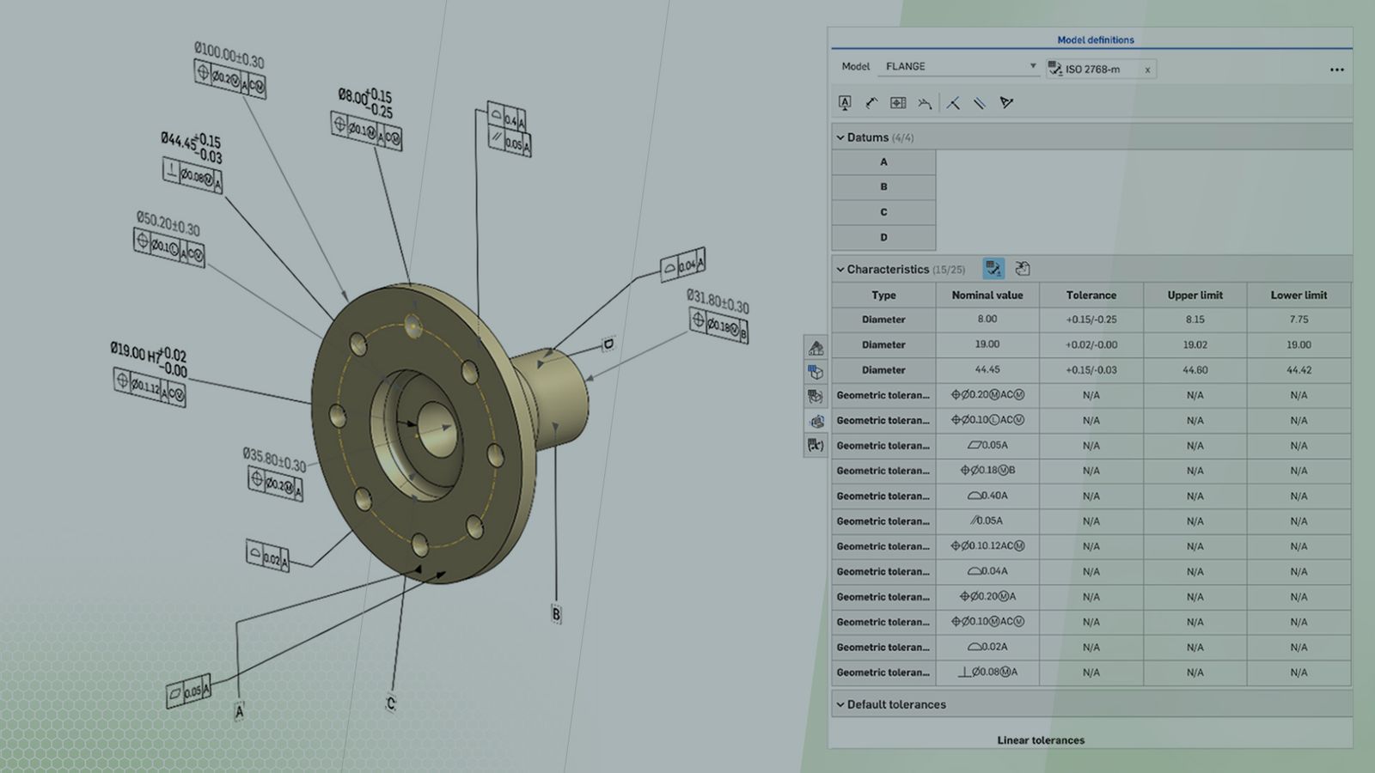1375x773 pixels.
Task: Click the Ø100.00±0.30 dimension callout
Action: point(229,56)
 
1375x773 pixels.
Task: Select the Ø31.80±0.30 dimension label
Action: point(718,301)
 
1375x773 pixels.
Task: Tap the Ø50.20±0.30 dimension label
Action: point(168,224)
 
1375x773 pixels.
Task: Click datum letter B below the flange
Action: point(556,614)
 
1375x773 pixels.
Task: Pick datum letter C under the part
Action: point(390,703)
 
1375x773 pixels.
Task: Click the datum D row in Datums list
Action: point(883,237)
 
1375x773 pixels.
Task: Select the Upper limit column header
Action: point(1195,295)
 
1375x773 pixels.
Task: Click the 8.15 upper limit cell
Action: point(1195,320)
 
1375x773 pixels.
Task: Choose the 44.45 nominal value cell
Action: point(987,370)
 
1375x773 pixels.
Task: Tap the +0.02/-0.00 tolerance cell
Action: point(1091,344)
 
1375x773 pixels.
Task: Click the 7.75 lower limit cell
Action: point(1299,320)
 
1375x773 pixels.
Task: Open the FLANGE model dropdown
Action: point(1032,66)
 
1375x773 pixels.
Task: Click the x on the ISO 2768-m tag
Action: point(1147,70)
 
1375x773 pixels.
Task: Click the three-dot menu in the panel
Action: point(1336,70)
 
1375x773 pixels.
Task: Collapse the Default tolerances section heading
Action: point(895,704)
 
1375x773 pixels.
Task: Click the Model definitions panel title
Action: point(1095,40)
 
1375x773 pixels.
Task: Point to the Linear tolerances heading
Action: point(1041,740)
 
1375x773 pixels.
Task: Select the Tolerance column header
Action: point(1091,295)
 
